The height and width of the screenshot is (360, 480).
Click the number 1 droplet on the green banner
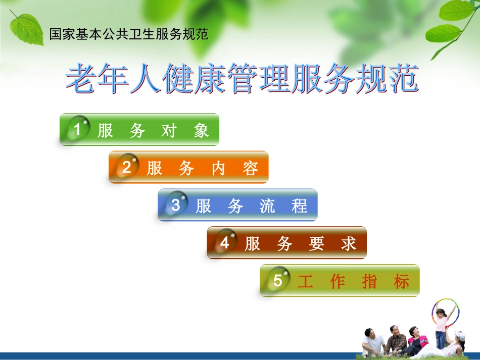78,128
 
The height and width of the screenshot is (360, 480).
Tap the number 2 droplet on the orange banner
127,166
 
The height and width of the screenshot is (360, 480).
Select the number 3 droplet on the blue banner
176,204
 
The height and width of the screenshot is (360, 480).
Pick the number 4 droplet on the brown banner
225,242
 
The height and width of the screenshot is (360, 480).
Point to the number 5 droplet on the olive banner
278,280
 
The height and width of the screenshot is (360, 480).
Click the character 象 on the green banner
201,131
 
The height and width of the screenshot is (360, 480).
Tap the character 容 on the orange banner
251,169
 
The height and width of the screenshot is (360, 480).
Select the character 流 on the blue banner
267,206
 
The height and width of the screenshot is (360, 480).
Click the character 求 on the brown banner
349,244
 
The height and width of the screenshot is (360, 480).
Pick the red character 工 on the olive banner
306,282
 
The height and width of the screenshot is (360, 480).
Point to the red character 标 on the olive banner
401,282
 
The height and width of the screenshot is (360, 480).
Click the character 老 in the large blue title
81,79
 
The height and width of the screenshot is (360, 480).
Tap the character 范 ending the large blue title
403,79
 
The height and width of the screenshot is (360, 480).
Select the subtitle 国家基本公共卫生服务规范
129,34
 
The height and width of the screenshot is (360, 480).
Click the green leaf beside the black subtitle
27,29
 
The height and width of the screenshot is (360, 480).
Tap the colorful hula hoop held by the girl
446,312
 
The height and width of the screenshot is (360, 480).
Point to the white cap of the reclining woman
460,336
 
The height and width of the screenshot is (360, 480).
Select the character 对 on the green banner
169,131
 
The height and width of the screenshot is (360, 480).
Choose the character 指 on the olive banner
369,282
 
